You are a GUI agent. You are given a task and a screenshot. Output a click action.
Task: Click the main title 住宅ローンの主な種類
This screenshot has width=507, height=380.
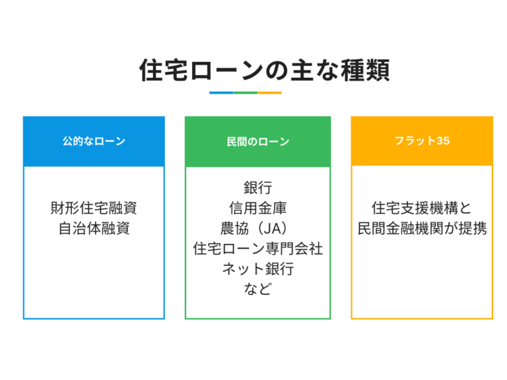(265, 70)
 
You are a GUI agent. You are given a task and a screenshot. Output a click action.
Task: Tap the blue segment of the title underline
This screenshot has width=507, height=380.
(221, 93)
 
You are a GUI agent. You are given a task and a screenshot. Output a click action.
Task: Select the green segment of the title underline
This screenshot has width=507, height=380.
(246, 93)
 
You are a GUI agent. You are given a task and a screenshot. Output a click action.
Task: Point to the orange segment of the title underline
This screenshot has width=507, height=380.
(269, 93)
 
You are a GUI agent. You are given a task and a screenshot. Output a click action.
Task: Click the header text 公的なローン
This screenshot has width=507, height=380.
(94, 141)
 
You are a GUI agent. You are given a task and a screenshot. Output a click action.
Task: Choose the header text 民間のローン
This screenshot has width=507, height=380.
(257, 142)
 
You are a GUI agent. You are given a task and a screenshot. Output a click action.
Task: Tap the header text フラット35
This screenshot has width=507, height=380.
(422, 141)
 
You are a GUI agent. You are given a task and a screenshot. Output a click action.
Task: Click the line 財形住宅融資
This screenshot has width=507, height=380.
(94, 208)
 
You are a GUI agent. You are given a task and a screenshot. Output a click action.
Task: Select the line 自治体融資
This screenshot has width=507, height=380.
(94, 228)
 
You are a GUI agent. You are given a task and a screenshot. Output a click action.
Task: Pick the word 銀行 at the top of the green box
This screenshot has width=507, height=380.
(257, 188)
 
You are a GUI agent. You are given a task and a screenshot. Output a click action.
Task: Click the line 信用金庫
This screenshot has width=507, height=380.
(257, 208)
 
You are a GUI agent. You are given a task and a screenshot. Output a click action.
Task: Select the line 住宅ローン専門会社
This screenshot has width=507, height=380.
(257, 249)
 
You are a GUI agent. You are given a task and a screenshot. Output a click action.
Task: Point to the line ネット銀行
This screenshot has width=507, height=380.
(257, 269)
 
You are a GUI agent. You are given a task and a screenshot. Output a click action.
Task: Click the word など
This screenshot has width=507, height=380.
(257, 289)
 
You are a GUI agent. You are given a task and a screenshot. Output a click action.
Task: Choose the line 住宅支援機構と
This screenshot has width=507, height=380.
(422, 208)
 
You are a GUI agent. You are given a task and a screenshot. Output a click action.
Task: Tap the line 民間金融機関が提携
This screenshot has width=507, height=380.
(422, 228)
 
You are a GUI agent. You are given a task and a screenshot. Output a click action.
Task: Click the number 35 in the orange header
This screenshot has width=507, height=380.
(443, 141)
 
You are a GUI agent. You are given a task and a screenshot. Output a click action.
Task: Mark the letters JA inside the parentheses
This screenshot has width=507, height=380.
(272, 229)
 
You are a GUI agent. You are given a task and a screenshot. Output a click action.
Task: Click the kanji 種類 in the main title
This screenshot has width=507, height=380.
(365, 70)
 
